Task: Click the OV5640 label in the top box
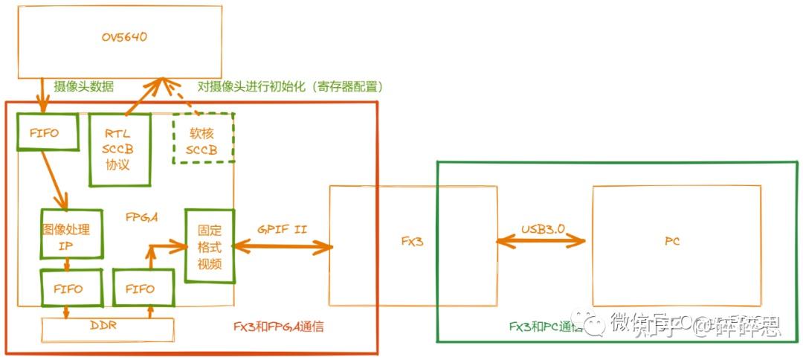coord(119,37)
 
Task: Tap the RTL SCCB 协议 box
coord(119,150)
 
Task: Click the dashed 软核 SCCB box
coord(202,138)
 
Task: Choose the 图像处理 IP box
coord(71,234)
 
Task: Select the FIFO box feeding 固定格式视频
coord(143,289)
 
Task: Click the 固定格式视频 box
coord(210,246)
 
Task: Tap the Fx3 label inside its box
coord(412,242)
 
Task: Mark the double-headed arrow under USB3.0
coord(541,240)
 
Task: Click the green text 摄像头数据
coord(84,86)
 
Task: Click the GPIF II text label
coord(282,230)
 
